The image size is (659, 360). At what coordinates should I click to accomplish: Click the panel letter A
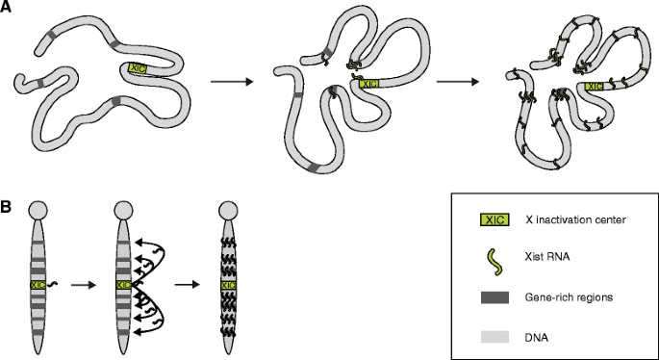6,7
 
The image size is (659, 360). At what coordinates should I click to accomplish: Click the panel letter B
6,208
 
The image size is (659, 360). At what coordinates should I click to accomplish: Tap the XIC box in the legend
495,219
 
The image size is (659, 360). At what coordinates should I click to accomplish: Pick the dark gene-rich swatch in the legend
495,297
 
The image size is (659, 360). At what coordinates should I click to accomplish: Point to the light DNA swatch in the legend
495,337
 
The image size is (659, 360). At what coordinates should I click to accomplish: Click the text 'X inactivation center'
576,219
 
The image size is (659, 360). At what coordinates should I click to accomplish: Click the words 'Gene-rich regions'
569,297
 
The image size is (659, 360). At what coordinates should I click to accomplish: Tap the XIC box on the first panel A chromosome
138,68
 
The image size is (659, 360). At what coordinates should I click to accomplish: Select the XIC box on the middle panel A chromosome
369,84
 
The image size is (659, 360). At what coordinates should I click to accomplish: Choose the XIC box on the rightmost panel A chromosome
594,87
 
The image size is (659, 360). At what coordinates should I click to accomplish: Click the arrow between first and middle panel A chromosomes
232,81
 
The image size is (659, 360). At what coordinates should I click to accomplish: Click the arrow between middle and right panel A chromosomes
458,81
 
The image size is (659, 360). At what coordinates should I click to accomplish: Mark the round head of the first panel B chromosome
38,210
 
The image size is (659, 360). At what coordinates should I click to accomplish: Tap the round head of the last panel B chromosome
229,210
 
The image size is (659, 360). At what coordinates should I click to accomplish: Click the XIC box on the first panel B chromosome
38,285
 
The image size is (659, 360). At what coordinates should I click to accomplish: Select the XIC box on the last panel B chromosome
229,286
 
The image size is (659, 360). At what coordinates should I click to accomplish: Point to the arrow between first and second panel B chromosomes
84,285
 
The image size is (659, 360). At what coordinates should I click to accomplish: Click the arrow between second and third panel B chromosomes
187,285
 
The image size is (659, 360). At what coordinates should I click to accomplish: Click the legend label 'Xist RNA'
547,257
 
